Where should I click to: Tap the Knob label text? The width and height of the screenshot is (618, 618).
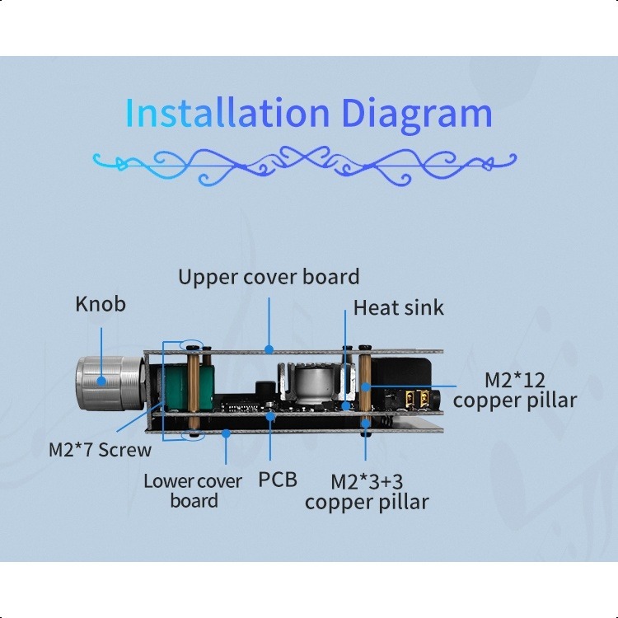[101, 304]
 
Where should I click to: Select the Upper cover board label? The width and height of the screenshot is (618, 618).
[269, 277]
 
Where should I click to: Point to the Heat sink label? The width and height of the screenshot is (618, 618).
[398, 308]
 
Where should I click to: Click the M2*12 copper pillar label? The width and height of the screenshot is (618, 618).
[514, 390]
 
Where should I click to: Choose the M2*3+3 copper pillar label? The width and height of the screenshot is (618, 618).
[367, 491]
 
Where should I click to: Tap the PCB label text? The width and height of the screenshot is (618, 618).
[277, 480]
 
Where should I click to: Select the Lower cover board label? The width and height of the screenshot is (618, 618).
[194, 490]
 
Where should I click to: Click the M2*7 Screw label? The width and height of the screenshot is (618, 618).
[100, 450]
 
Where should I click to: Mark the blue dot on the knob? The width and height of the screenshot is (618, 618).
[101, 381]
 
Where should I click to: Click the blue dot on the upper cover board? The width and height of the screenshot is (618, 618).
[269, 349]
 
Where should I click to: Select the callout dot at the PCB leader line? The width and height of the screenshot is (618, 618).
[270, 416]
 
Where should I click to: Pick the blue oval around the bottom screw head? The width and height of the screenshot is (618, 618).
[193, 433]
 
